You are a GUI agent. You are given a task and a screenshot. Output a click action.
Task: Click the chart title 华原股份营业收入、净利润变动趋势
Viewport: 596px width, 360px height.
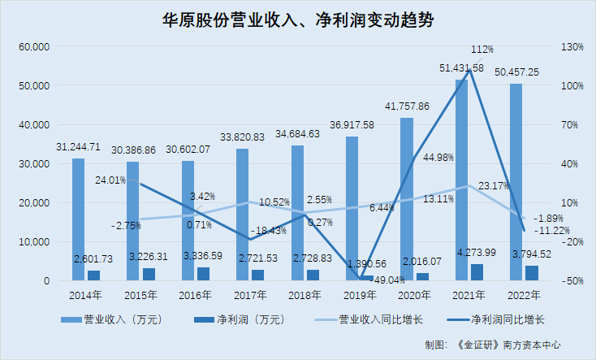pyautogui.click(x=298, y=21)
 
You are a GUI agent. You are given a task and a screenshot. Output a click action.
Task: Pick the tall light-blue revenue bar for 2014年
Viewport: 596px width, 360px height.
pyautogui.click(x=78, y=219)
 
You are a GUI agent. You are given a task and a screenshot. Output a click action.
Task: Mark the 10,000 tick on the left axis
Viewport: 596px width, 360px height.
pyautogui.click(x=35, y=242)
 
